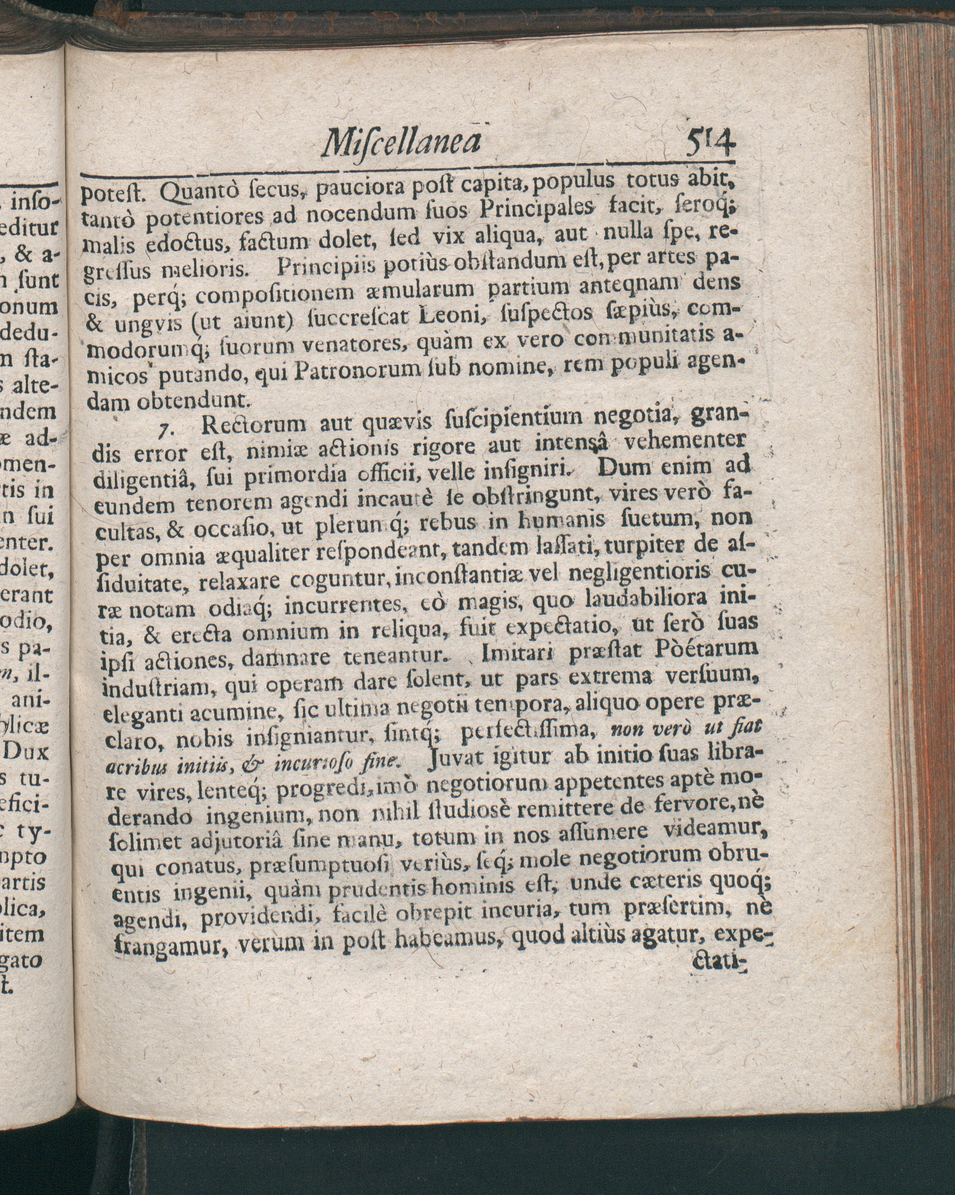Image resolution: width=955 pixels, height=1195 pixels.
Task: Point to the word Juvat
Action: click(457, 756)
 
